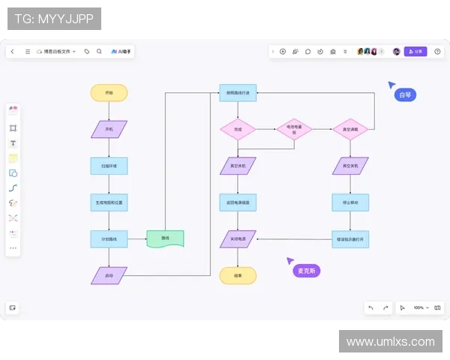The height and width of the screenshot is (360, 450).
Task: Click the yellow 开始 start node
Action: coord(109,93)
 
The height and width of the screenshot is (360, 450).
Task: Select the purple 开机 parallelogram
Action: coord(109,129)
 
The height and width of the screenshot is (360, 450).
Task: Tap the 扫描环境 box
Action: coord(109,166)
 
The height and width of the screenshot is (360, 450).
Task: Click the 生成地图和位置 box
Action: coord(109,202)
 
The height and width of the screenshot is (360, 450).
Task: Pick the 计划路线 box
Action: coord(109,238)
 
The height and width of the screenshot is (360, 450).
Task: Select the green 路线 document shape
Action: coord(165,238)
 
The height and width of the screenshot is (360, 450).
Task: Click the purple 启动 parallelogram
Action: coord(109,275)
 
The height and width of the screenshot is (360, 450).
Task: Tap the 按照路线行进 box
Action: coord(238,93)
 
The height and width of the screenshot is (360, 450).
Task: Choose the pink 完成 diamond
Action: coord(238,129)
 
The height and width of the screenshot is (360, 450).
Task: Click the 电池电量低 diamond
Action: coord(294,129)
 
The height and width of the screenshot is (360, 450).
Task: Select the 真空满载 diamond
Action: coord(350,129)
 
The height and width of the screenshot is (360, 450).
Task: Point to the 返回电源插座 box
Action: coord(238,202)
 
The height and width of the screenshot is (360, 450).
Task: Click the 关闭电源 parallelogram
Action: coord(238,238)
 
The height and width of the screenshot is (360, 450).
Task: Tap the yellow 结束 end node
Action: coord(238,275)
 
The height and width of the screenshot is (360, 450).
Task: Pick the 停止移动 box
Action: coord(350,202)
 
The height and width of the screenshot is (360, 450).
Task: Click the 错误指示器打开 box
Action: coord(350,238)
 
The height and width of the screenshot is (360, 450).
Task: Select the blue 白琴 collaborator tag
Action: coord(405,95)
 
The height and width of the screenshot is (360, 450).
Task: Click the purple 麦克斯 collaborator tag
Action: coord(306,270)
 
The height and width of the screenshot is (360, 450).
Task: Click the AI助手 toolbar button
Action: coord(121,52)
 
